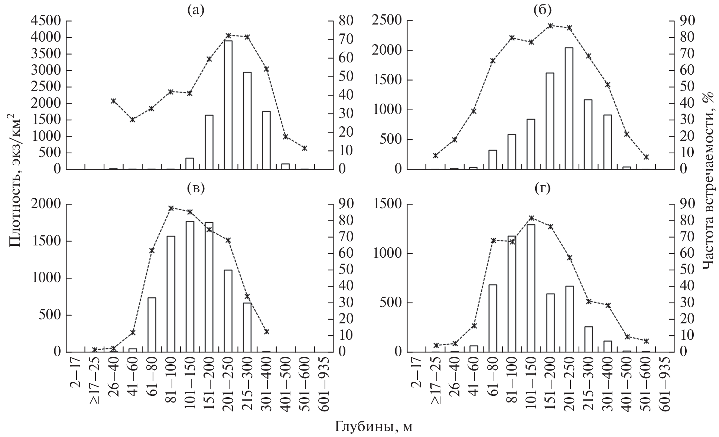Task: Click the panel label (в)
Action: pos(196,189)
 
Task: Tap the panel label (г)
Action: pos(542,189)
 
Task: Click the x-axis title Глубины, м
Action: pos(374,427)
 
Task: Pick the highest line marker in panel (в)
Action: pos(171,208)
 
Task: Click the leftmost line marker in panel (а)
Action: pos(114,101)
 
